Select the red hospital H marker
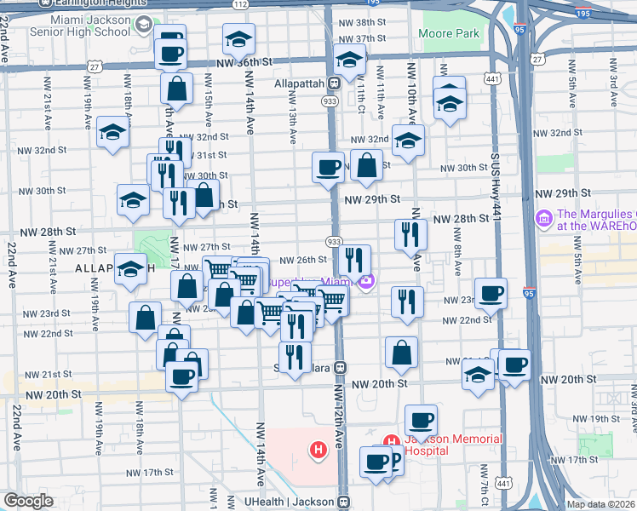318,449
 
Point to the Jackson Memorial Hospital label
452,445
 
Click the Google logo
27,501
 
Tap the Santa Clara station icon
340,367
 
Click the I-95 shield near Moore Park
519,27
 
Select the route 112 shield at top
241,5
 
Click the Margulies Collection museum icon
542,220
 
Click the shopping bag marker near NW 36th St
176,88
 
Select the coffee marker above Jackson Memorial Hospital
421,420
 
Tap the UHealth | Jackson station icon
343,502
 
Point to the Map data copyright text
601,504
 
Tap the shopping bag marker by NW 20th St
401,352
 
